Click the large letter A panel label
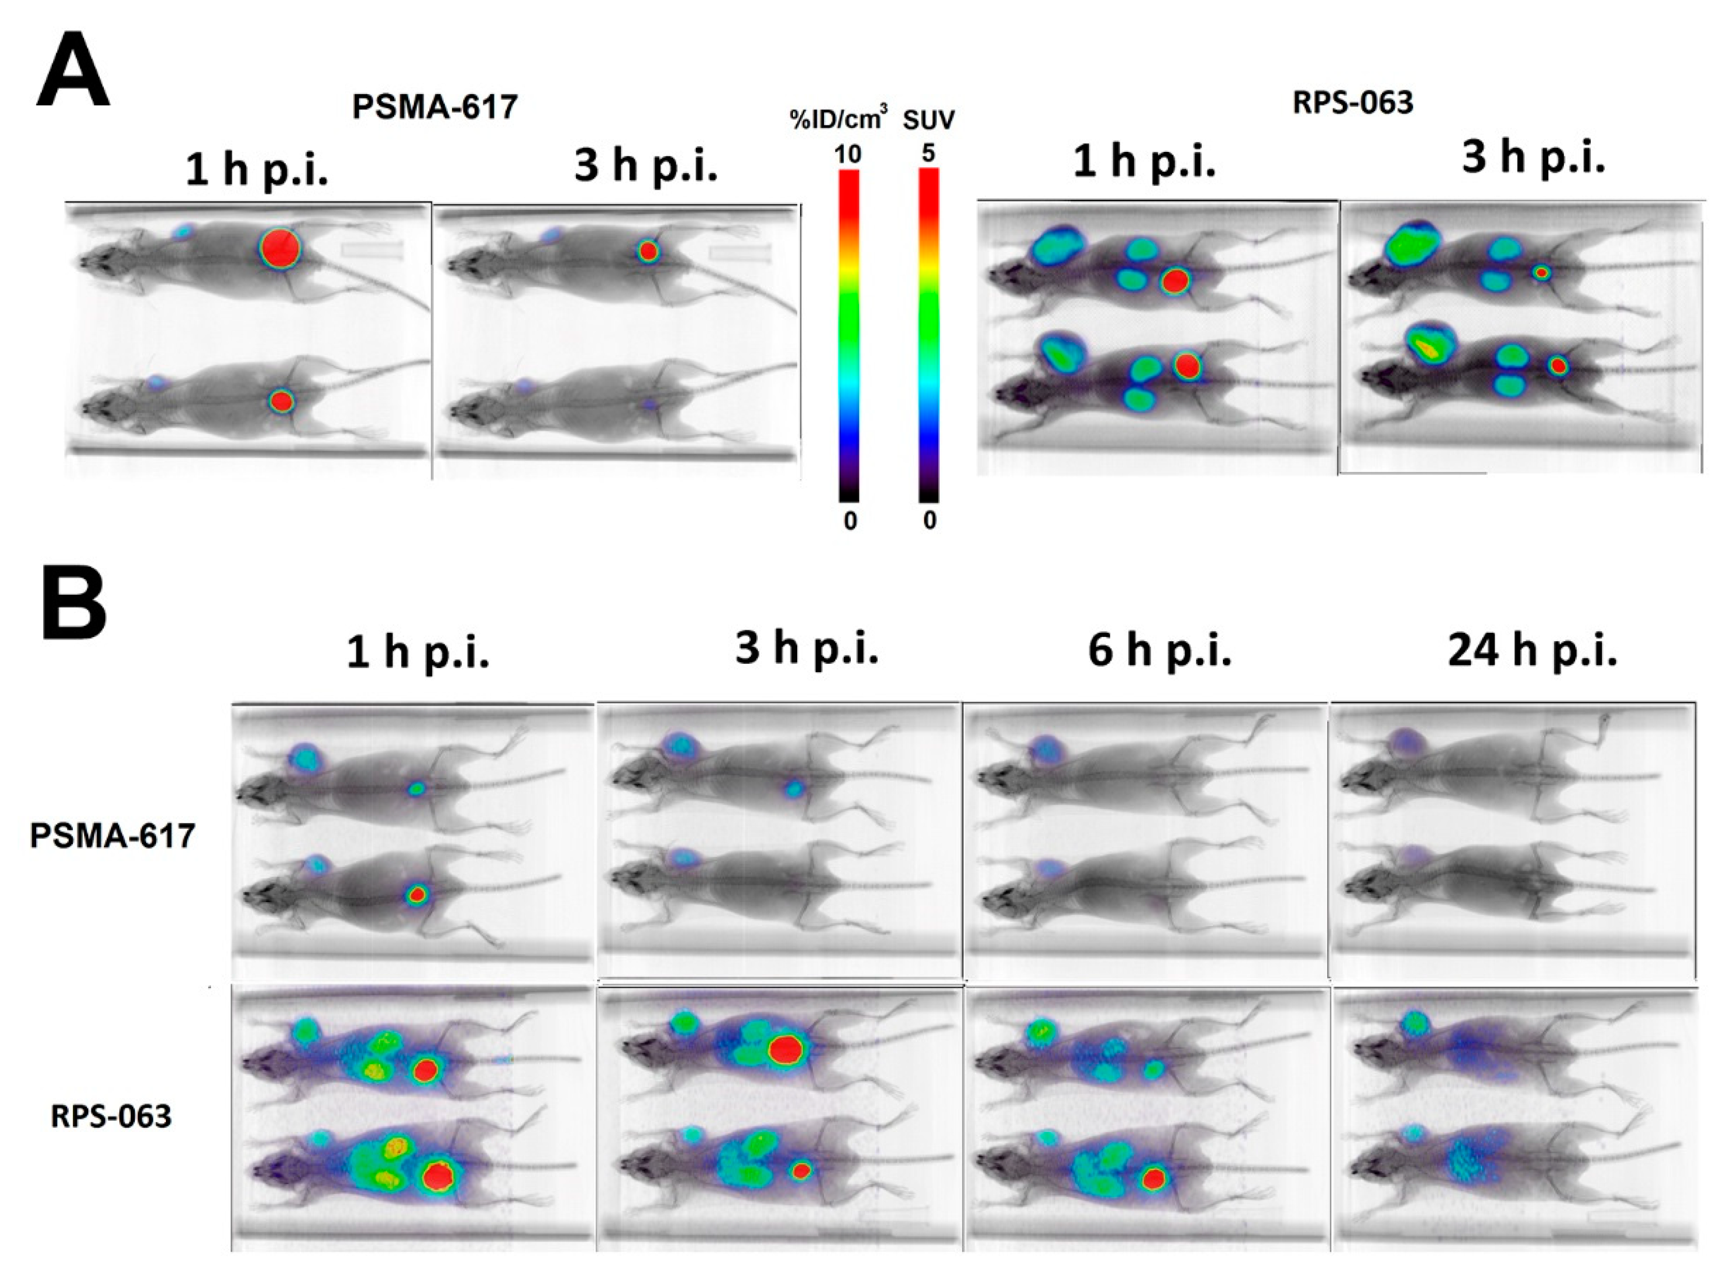(73, 71)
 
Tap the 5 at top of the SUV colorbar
(928, 153)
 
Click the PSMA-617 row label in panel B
(113, 836)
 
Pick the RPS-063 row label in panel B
(111, 1116)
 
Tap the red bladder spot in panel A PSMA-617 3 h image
(648, 251)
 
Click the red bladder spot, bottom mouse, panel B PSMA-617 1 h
(417, 895)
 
